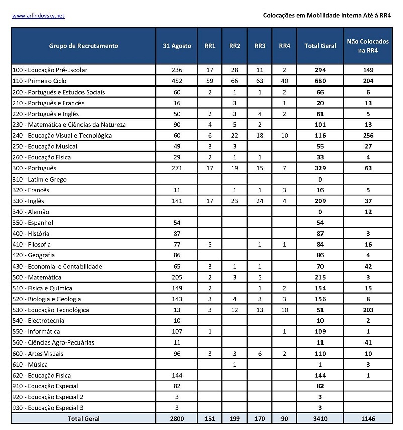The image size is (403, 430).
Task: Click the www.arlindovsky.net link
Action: (38, 16)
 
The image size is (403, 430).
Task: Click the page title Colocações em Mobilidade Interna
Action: (327, 16)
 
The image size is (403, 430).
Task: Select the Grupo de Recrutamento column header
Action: (84, 46)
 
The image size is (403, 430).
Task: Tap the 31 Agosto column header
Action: (177, 46)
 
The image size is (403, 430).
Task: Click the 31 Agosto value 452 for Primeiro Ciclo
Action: (177, 81)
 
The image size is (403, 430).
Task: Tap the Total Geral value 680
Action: (320, 81)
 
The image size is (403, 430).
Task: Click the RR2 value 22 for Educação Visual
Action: (235, 135)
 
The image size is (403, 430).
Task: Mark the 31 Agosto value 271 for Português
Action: (177, 168)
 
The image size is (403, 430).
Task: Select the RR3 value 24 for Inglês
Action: (260, 201)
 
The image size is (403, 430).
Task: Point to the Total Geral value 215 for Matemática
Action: (320, 277)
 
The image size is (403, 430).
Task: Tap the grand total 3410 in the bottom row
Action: (320, 418)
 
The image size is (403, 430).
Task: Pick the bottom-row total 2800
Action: (177, 418)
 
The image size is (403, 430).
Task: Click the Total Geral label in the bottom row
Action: (84, 418)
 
